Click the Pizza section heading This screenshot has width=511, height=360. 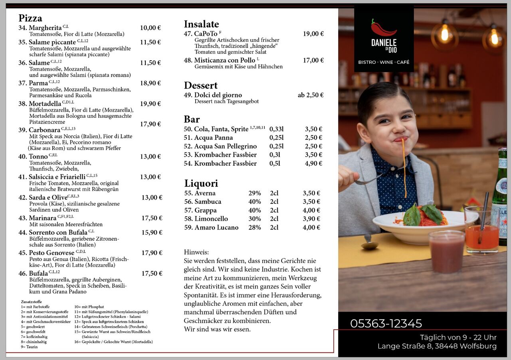tap(30, 18)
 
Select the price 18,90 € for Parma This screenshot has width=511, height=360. tap(150, 83)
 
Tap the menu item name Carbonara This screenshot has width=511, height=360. tap(44, 130)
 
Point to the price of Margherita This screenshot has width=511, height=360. tap(150, 28)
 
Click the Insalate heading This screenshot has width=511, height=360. tap(201, 24)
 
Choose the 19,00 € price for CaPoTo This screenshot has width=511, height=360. tap(313, 34)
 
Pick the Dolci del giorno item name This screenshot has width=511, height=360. tap(218, 95)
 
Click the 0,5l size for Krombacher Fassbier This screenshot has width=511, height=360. tap(275, 163)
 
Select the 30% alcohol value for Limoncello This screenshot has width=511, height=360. tap(255, 219)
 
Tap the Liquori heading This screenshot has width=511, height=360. tap(201, 184)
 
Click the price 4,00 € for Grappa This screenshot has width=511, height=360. tap(311, 210)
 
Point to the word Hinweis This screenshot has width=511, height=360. tap(196, 252)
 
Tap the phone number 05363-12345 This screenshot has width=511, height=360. tap(386, 323)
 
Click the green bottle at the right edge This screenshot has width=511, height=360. tap(500, 196)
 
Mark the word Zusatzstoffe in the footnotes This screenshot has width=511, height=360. tap(32, 302)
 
